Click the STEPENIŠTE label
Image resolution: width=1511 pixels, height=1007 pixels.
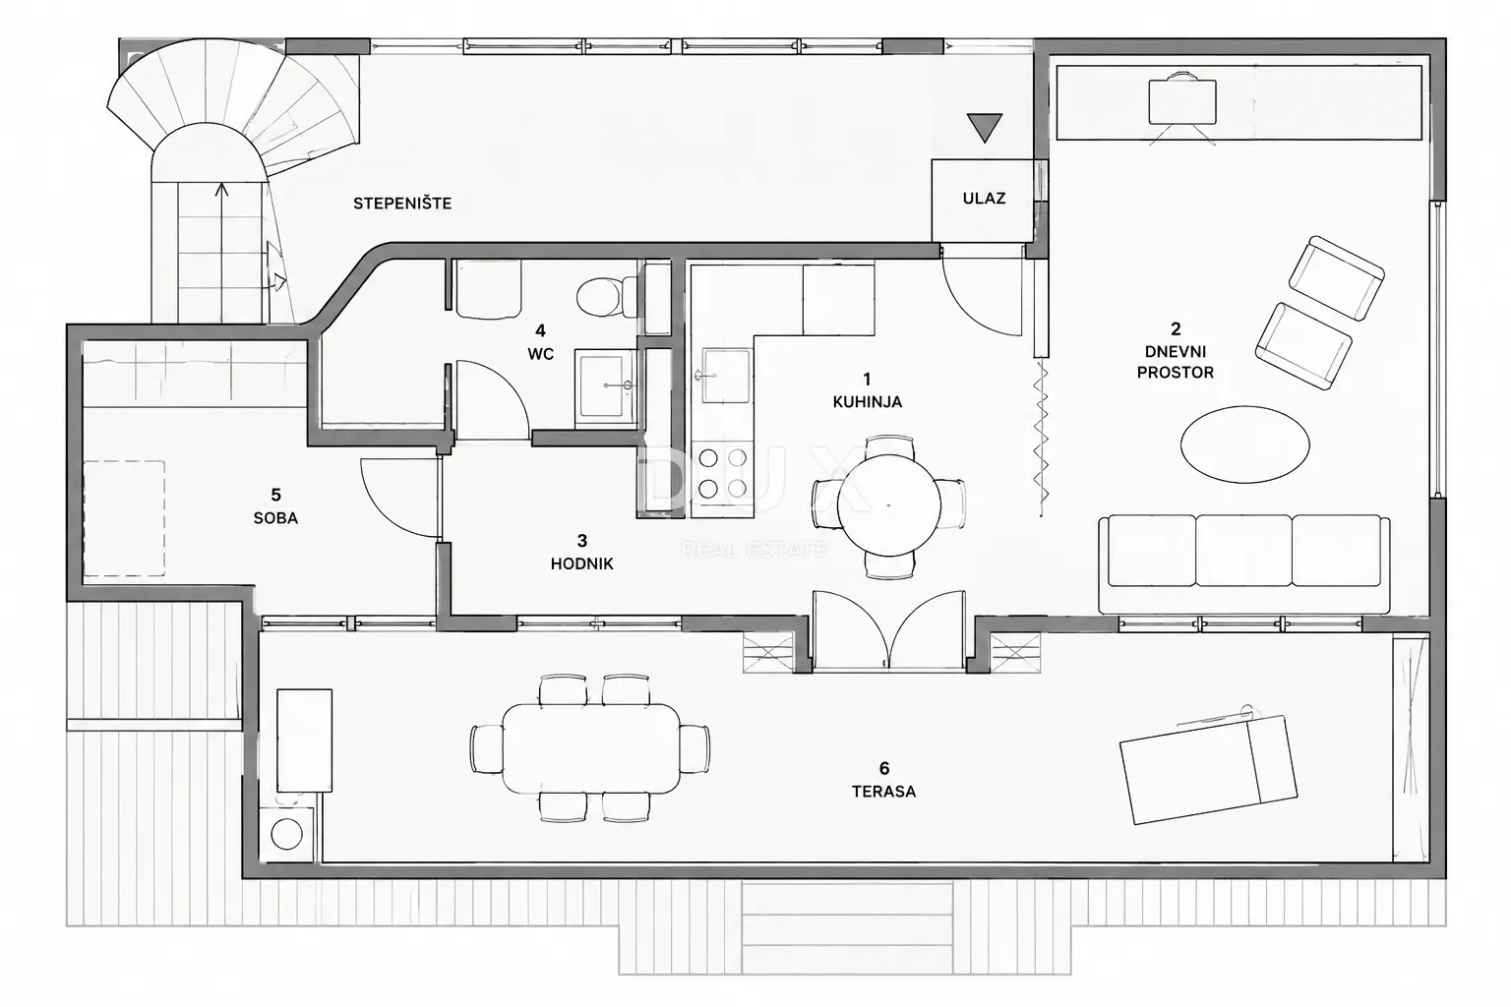coord(402,203)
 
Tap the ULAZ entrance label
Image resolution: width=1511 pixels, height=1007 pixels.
coord(984,199)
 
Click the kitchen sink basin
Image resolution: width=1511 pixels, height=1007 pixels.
coord(727,375)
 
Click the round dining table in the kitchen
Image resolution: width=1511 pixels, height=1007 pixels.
coord(889,505)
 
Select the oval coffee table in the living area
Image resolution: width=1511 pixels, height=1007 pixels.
coord(1245,444)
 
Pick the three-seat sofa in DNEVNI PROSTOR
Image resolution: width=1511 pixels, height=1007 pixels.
coord(1243,563)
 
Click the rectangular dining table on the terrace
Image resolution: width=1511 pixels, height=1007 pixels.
coord(591,748)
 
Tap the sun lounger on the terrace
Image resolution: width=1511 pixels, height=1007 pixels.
coord(1208,770)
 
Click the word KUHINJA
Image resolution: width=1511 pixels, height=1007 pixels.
coord(868,402)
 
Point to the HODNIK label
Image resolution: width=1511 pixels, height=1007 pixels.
coord(581,563)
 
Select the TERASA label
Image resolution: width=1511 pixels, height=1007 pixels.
coord(883,792)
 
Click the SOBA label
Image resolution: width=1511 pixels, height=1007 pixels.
coord(275,518)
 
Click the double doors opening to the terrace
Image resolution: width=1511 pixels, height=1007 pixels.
coord(888,630)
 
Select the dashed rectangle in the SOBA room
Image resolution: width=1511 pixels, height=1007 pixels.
coord(124,518)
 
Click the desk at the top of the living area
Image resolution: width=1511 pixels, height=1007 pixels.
coord(1181,102)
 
